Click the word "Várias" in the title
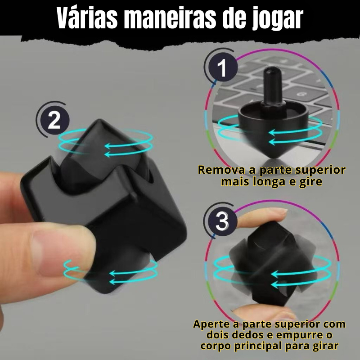[x=87, y=18]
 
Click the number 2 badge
[x=54, y=120]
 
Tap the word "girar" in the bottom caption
[x=325, y=346]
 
